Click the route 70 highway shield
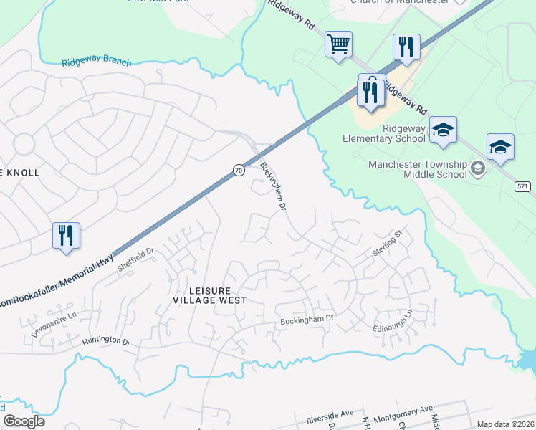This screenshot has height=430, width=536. (238, 170)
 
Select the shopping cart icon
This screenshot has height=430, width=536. (338, 45)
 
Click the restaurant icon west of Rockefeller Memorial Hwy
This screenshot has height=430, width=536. (66, 236)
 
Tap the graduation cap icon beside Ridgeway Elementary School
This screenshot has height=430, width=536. (443, 130)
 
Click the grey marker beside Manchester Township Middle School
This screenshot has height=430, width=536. (478, 169)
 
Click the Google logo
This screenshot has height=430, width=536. (24, 421)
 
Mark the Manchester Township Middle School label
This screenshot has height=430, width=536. (417, 169)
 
